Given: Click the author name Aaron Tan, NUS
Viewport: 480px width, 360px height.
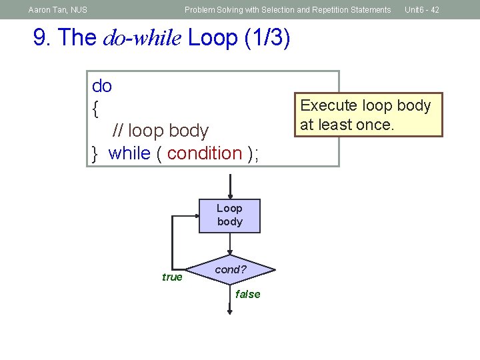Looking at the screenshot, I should point(58,10).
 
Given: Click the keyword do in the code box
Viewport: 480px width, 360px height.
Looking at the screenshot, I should point(102,86).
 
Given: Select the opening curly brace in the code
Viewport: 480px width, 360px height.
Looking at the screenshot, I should point(97,108).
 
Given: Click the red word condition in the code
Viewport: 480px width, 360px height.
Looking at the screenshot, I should point(205,153).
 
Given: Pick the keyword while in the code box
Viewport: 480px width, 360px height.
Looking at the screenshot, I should point(129,153).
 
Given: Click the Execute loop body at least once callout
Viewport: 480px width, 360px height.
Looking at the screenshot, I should point(368,115).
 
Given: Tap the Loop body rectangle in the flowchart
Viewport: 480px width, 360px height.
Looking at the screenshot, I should point(229,215).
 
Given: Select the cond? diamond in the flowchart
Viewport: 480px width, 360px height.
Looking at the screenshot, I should point(231,270).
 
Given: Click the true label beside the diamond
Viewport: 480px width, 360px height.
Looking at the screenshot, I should point(172,277).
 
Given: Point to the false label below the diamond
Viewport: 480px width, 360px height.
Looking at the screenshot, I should point(247,294).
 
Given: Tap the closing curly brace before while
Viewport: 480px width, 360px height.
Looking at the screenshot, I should point(96,153).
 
